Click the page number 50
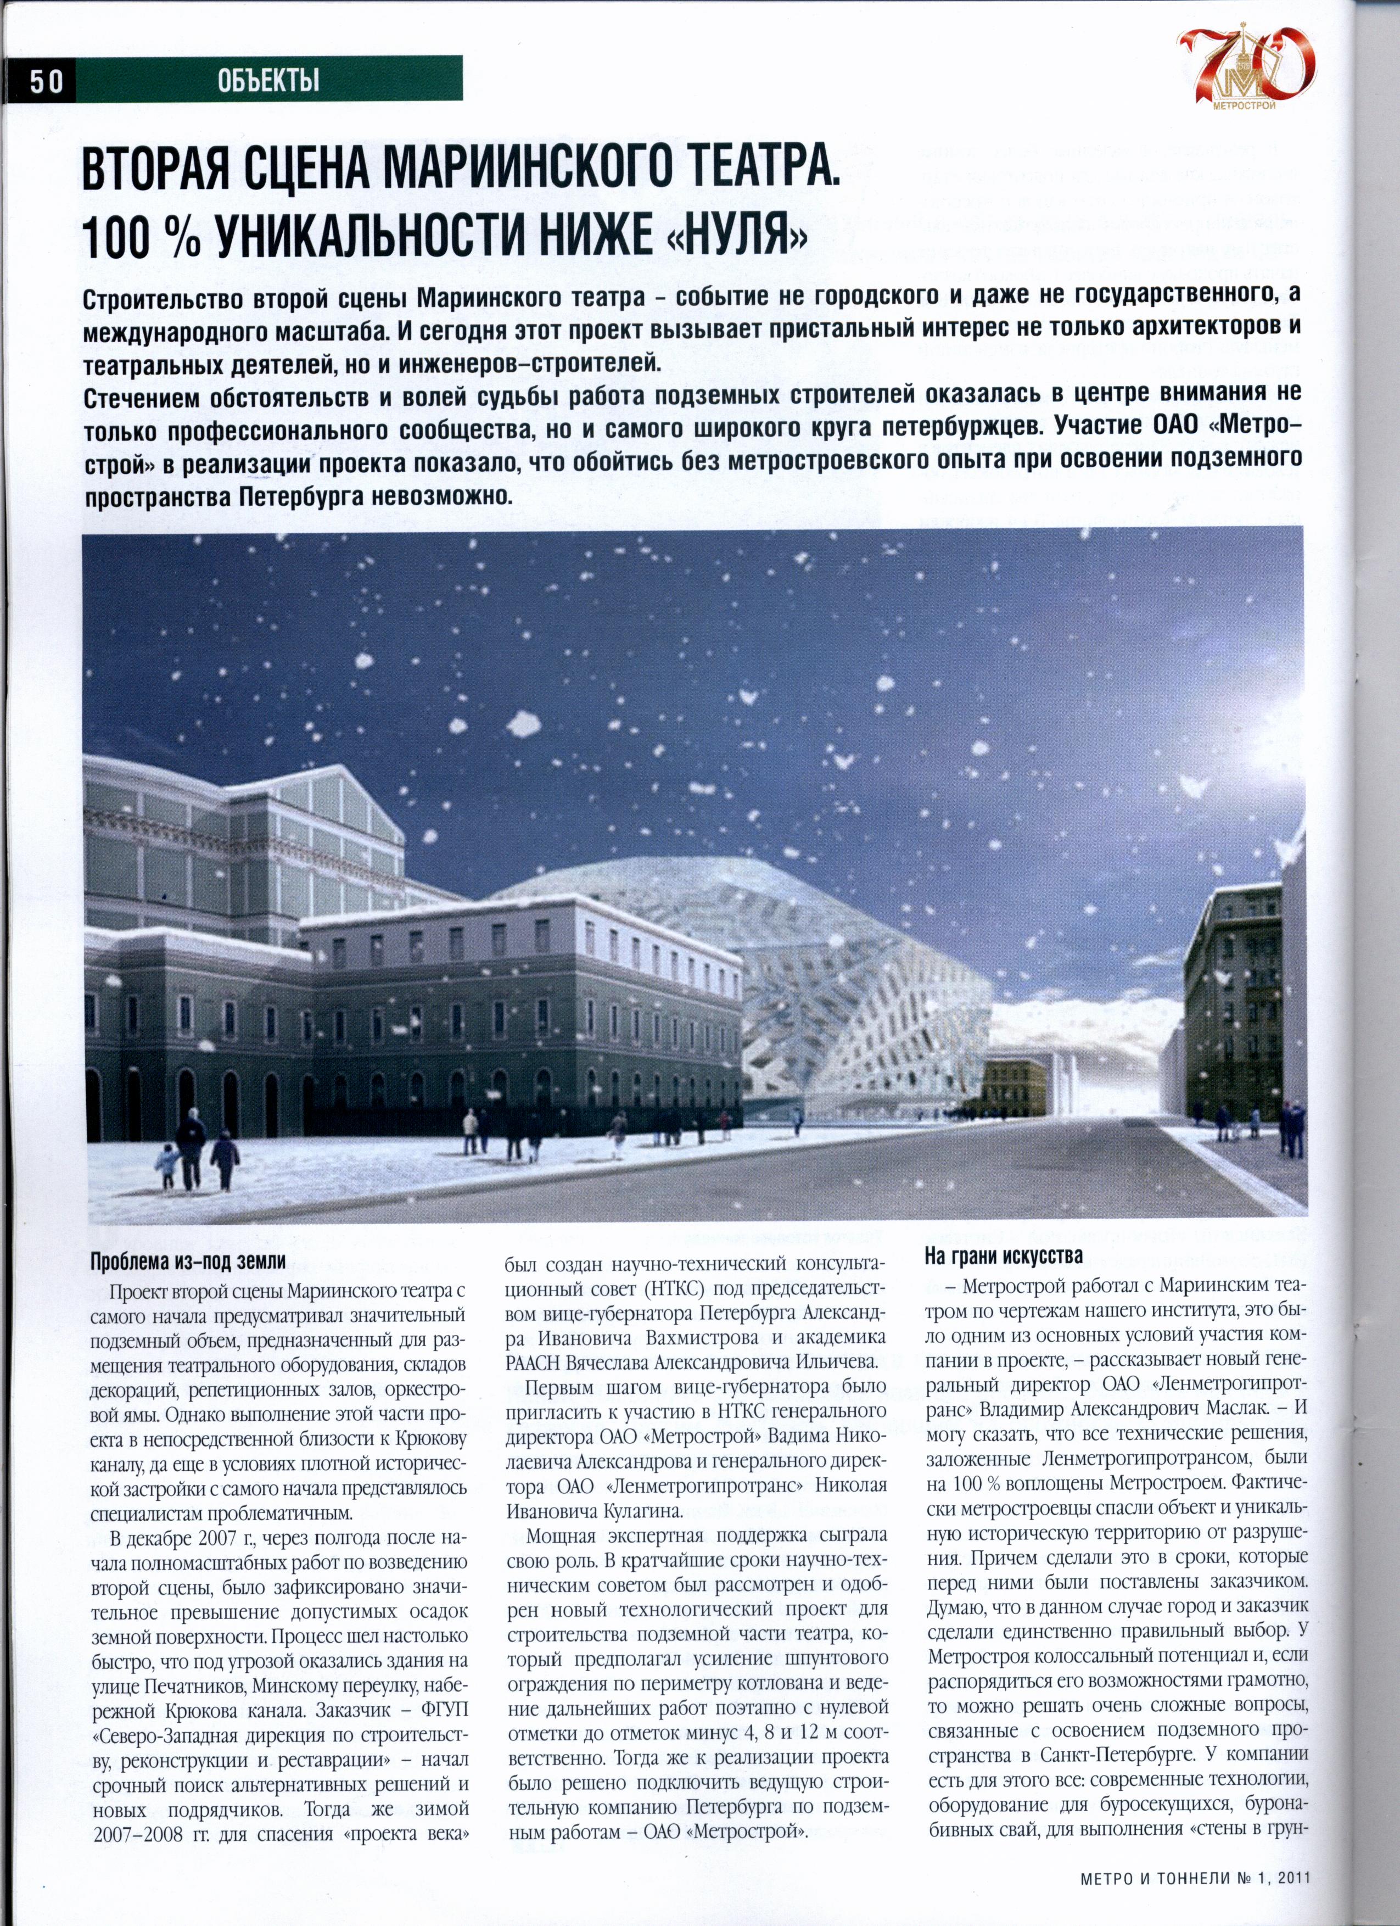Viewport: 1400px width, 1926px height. coord(47,81)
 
